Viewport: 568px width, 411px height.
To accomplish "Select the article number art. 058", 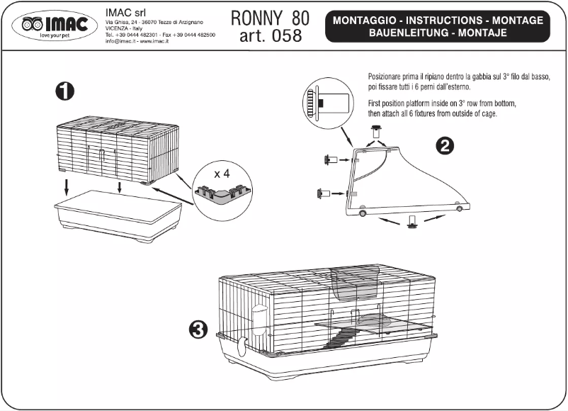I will coord(270,35).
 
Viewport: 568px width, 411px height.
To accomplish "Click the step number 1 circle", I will coord(65,91).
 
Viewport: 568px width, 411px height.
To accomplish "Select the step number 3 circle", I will coord(199,328).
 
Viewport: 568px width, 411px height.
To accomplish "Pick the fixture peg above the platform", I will coord(377,130).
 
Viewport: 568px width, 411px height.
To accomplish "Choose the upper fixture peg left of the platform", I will coord(329,160).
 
